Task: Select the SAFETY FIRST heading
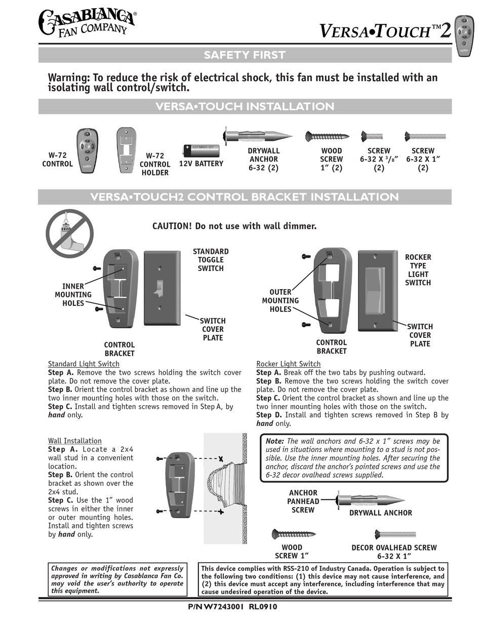245,55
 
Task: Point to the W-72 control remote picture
87,150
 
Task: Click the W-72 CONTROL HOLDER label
155,164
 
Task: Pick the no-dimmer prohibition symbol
70,233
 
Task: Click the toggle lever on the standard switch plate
160,289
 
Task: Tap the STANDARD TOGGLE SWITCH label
211,260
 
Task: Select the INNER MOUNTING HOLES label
73,295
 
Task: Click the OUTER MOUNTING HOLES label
280,300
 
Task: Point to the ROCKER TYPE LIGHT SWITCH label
418,270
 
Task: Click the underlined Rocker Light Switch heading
288,364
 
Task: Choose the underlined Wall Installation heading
75,441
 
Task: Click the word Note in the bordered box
274,441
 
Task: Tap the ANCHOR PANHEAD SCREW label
303,501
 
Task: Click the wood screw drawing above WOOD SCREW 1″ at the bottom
294,533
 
